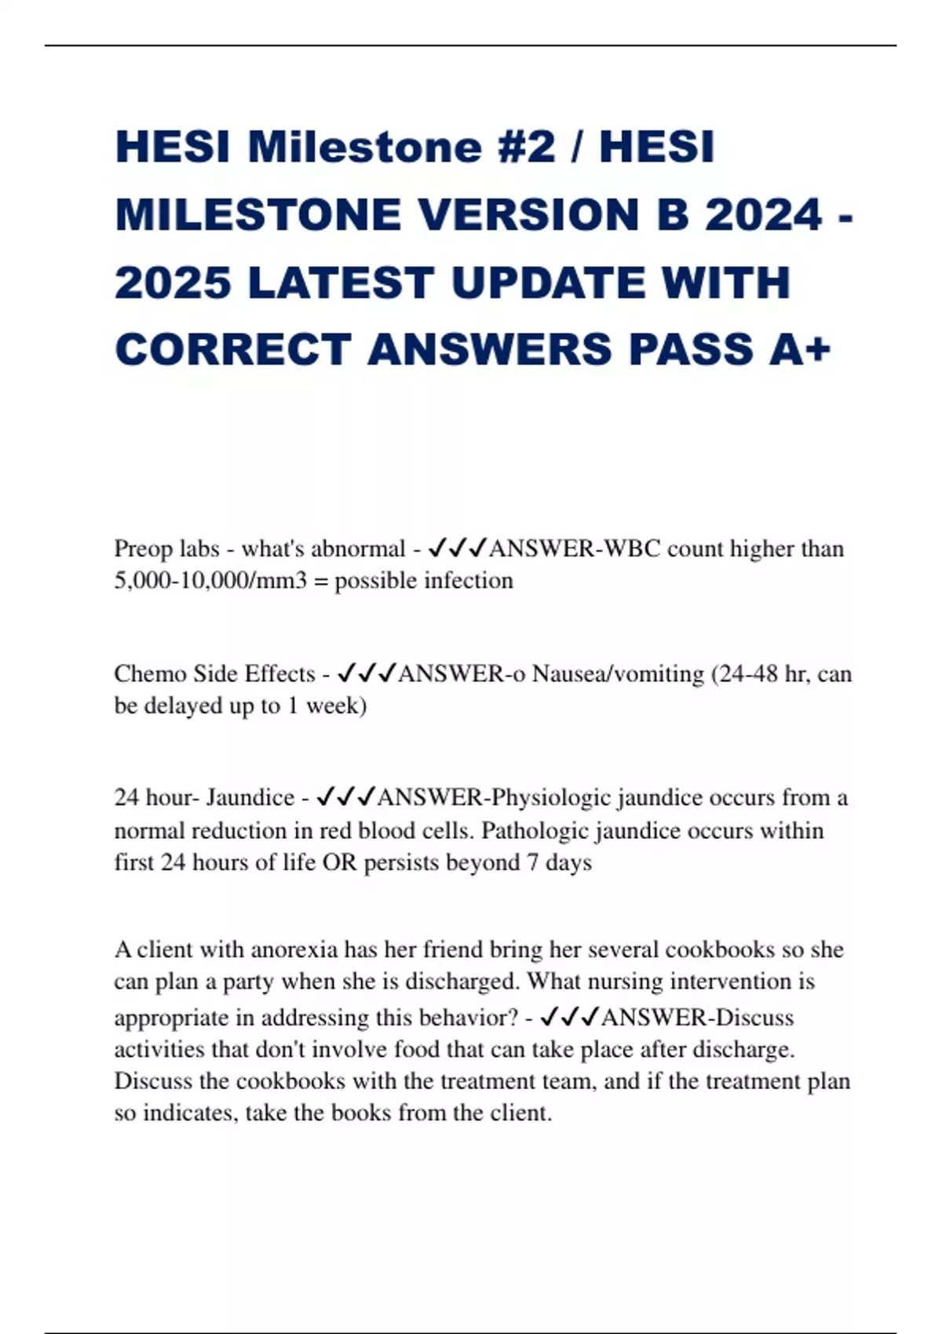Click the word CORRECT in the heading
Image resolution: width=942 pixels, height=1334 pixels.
[232, 349]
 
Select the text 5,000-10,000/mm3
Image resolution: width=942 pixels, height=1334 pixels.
[210, 581]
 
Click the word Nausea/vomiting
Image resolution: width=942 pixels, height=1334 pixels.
[618, 673]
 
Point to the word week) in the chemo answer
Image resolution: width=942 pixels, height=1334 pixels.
[336, 705]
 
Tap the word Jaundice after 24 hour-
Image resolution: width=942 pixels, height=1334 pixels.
[250, 797]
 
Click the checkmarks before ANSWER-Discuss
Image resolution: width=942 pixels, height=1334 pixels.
[570, 1017]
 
